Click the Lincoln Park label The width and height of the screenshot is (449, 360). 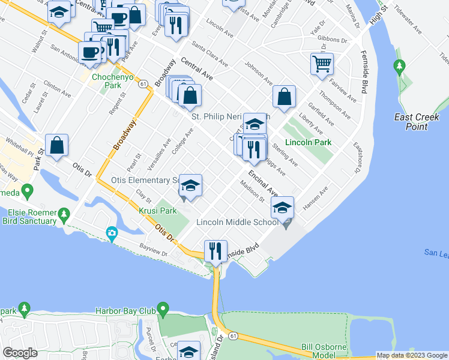point(309,143)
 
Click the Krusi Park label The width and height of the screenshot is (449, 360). point(157,211)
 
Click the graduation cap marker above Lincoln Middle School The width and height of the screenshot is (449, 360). point(282,208)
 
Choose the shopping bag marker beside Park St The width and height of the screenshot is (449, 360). point(56,145)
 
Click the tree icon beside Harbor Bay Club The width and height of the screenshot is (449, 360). point(163,311)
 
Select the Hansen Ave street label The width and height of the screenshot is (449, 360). point(315,199)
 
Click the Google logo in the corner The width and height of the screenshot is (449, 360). point(20,353)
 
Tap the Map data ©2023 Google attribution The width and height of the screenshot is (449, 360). point(411,355)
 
